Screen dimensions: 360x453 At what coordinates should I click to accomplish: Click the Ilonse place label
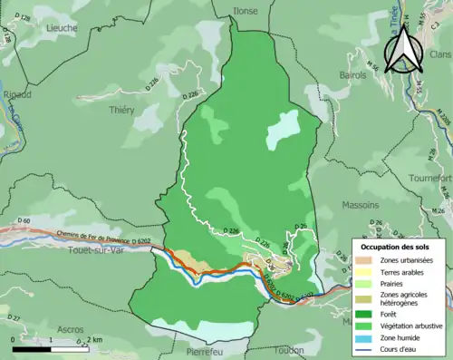245,11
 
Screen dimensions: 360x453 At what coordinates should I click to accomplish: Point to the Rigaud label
17,93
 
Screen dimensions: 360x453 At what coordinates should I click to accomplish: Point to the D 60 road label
24,220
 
